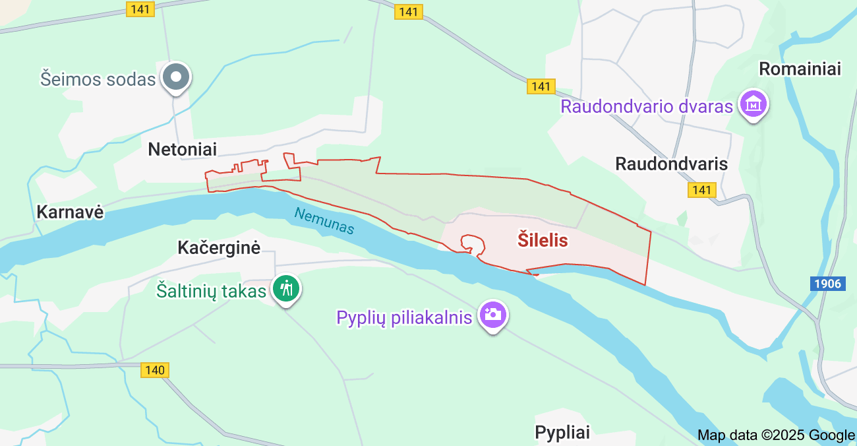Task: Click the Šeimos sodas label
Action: tap(98, 79)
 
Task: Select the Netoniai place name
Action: tap(182, 149)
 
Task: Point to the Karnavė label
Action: tap(70, 212)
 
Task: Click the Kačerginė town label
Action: tap(219, 247)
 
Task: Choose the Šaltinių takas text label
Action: tap(211, 290)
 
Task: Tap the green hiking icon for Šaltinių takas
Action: tap(287, 289)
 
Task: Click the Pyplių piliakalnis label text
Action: tap(404, 317)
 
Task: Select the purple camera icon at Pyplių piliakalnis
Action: tap(492, 315)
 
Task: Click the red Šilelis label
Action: tap(543, 240)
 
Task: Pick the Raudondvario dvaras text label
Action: tap(647, 106)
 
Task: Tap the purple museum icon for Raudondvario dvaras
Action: tap(753, 104)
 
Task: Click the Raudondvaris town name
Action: tap(671, 164)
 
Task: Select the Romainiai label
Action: tap(800, 69)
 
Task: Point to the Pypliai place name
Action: tap(562, 432)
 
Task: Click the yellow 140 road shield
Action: tap(155, 370)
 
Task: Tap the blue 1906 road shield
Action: tap(827, 283)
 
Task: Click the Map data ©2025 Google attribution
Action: tap(776, 435)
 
